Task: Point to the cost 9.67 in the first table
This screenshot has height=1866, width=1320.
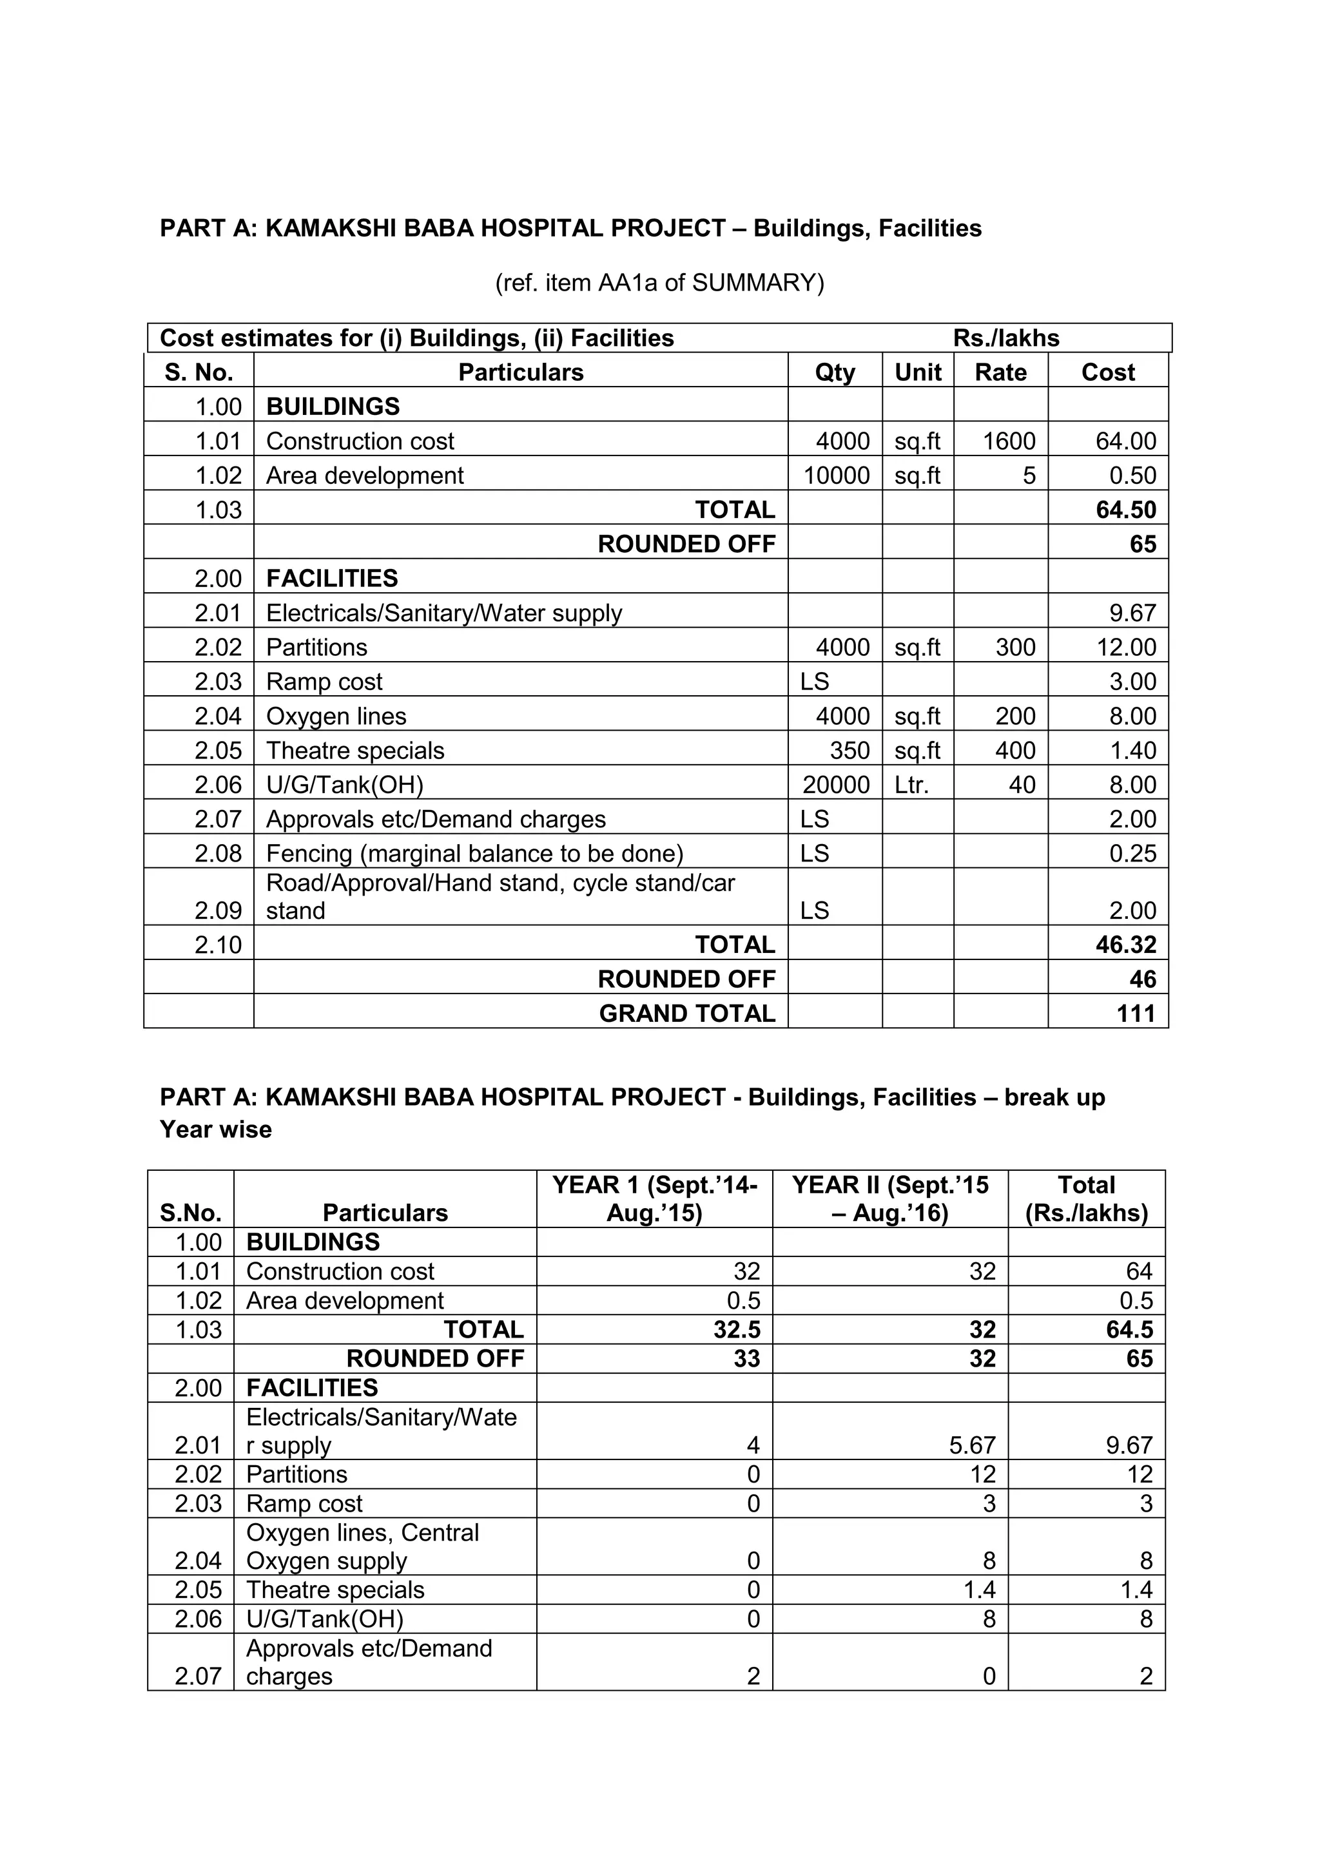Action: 1132,613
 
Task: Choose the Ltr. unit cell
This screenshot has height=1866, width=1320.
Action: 911,785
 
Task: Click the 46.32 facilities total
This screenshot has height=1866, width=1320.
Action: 1126,945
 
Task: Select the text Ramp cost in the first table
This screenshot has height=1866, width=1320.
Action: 324,682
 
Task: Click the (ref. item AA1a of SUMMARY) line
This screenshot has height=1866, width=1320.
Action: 659,283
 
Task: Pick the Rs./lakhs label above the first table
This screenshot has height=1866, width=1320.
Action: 1005,338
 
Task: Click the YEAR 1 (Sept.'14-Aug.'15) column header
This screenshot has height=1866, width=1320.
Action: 654,1198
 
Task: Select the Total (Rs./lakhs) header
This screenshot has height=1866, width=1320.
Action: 1086,1198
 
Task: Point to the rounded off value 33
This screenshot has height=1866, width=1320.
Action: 746,1359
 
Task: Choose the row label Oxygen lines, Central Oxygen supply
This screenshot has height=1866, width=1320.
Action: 362,1546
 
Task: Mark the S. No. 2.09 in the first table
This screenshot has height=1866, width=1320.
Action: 218,911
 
